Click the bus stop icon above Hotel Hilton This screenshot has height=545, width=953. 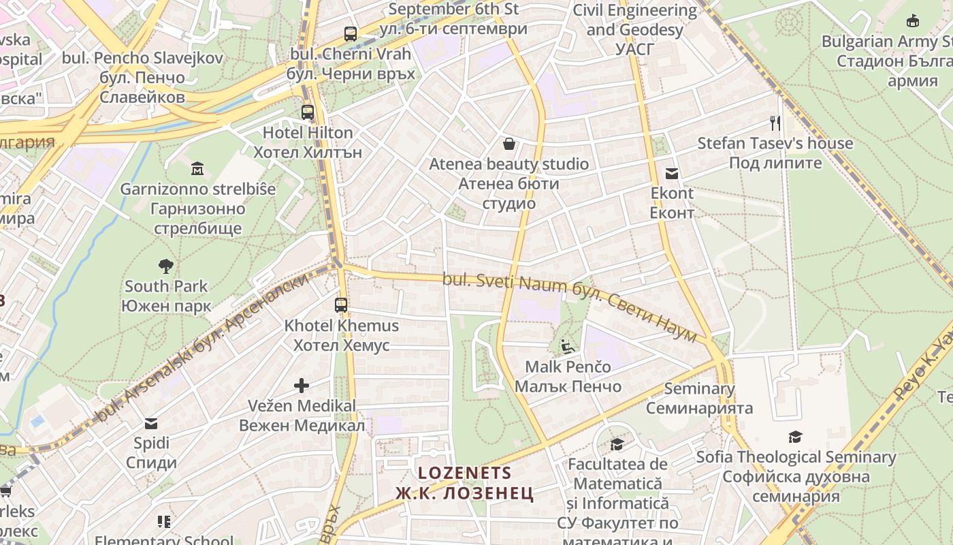[x=308, y=112]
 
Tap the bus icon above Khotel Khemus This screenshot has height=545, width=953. [x=341, y=305]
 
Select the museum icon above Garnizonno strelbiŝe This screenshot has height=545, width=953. [x=197, y=168]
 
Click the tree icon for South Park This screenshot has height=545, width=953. [x=165, y=266]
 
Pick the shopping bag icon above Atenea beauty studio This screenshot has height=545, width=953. [x=508, y=144]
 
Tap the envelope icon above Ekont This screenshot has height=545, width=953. [x=672, y=173]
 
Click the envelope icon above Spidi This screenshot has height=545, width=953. [x=151, y=424]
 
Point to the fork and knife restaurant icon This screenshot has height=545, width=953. [x=775, y=123]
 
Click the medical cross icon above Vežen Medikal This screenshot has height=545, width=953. [x=301, y=386]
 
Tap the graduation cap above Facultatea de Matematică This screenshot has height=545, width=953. [x=617, y=444]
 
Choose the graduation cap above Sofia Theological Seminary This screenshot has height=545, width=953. [x=795, y=437]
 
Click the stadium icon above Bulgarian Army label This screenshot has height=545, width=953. [x=913, y=21]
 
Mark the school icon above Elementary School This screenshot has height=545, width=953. [x=163, y=522]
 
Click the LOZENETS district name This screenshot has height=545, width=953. [x=464, y=473]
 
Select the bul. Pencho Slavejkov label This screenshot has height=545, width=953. [x=142, y=58]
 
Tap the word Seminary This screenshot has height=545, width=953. [x=699, y=389]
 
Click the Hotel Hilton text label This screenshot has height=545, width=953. [x=308, y=132]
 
